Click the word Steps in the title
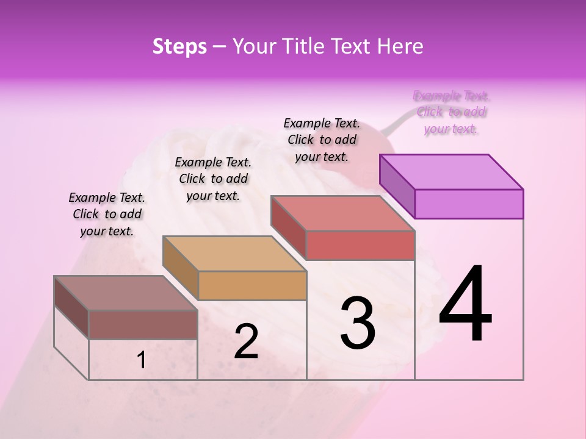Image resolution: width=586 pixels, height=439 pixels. point(179,47)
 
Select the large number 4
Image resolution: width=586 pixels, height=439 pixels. point(465,305)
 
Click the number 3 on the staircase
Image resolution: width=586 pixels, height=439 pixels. point(358,323)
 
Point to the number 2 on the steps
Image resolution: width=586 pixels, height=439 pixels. point(246,341)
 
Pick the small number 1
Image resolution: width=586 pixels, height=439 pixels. point(142,360)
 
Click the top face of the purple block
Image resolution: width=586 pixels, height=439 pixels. point(452,172)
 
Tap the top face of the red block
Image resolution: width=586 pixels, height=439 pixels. point(343,213)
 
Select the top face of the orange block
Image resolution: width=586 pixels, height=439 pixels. point(234,254)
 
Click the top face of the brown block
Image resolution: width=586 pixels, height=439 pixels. point(126,293)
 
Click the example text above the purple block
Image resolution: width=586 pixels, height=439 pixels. point(451,112)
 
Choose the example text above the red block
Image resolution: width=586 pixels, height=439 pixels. point(322,140)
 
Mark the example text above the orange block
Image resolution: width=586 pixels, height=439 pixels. point(213,179)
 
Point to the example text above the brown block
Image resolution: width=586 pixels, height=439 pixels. point(107,214)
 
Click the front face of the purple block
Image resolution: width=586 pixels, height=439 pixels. point(469,204)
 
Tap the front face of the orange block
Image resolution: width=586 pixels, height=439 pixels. point(252,285)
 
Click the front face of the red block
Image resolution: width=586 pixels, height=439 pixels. point(360,245)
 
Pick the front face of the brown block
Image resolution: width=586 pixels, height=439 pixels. point(143,324)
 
